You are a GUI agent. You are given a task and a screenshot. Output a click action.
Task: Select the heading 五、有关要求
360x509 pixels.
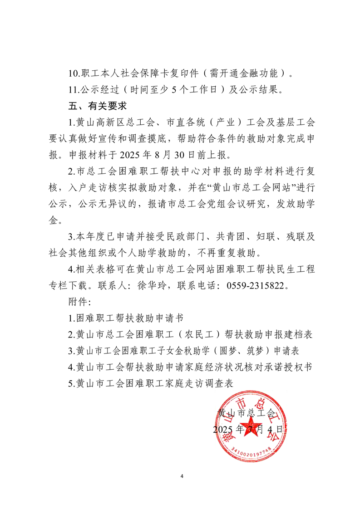96,107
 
